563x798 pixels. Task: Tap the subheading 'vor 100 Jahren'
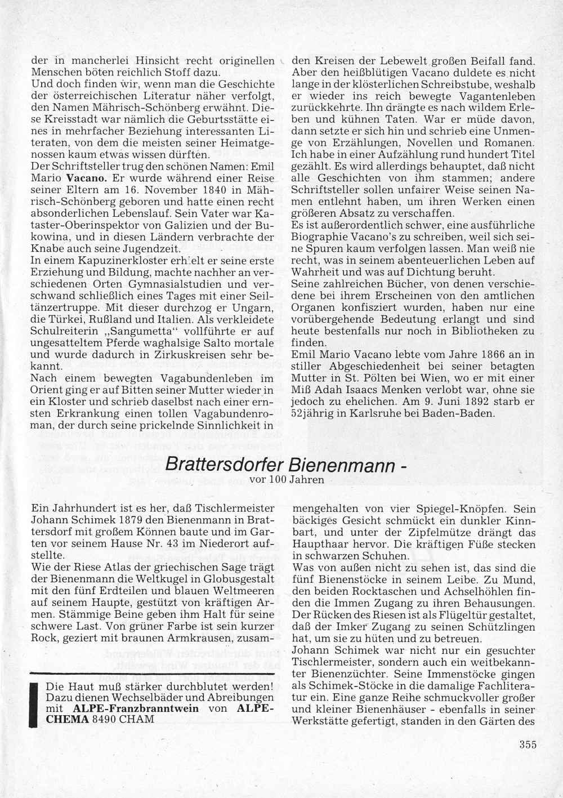coord(287,480)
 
